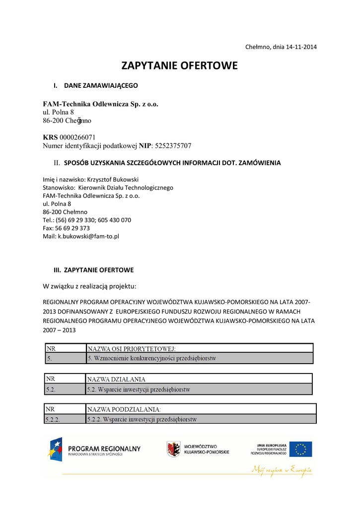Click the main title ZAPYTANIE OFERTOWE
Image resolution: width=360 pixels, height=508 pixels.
pyautogui.click(x=180, y=66)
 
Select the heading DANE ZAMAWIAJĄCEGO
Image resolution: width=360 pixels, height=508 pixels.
pyautogui.click(x=101, y=86)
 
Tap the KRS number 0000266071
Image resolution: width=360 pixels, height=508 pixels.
pyautogui.click(x=77, y=137)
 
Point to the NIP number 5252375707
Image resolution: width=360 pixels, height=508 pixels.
pyautogui.click(x=173, y=146)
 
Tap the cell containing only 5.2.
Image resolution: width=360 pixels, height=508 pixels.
pyautogui.click(x=51, y=389)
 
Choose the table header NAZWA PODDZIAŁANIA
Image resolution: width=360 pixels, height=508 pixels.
pyautogui.click(x=124, y=409)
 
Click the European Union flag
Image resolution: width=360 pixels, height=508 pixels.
pyautogui.click(x=301, y=449)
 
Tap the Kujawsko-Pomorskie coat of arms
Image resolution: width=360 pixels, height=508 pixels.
pyautogui.click(x=173, y=449)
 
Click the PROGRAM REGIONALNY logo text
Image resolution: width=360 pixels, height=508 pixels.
pyautogui.click(x=104, y=449)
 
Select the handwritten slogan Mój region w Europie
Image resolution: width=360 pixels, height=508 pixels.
pyautogui.click(x=282, y=469)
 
